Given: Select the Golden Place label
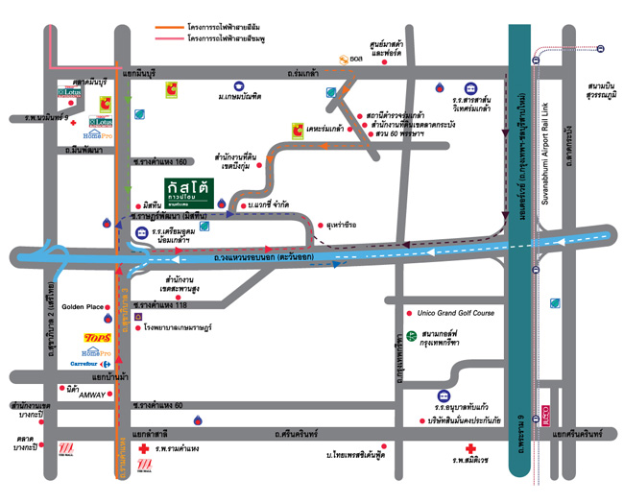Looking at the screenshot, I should point(83,307).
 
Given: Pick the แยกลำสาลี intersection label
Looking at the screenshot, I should point(151,434).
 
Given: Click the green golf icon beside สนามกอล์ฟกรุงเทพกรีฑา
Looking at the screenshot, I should point(411,336).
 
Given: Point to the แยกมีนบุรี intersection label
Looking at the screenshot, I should point(141,73).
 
